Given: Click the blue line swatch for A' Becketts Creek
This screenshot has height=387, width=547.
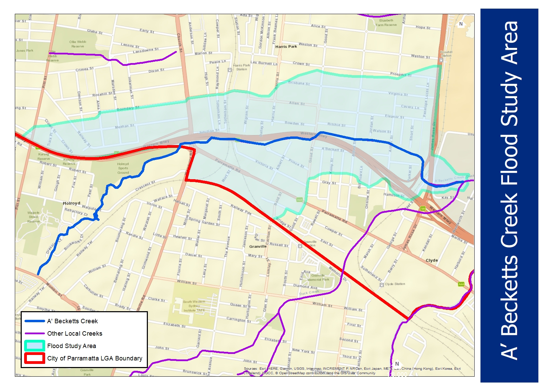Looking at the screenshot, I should [x=34, y=321].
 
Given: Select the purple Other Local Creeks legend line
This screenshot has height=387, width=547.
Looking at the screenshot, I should [x=34, y=334].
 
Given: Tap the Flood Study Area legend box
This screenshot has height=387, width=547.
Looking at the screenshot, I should [x=34, y=346].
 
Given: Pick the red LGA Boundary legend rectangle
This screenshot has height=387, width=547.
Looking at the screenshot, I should [x=34, y=358].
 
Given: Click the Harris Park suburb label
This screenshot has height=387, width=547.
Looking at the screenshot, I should [x=286, y=47].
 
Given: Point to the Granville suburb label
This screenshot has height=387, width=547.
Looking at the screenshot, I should [x=258, y=246].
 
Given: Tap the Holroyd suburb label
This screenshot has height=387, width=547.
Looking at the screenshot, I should [x=71, y=203].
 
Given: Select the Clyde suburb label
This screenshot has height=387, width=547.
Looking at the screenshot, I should [x=432, y=261].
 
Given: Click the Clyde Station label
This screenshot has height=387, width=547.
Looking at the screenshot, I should [x=395, y=284].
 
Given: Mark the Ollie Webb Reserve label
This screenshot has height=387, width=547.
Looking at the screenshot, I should [x=78, y=44].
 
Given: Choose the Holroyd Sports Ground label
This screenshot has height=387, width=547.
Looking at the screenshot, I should [x=123, y=168].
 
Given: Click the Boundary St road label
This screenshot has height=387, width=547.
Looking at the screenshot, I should [x=128, y=109].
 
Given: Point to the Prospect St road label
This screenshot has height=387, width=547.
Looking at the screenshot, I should [x=401, y=74].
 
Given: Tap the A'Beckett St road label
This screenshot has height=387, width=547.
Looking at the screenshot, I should [x=333, y=149].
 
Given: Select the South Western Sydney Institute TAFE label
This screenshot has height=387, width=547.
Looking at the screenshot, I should [x=194, y=306].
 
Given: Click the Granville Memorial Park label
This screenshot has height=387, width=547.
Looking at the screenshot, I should [x=320, y=277].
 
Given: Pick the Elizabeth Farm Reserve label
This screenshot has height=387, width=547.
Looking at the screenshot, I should [x=386, y=23].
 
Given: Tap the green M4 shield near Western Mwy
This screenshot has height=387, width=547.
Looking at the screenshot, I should [x=423, y=208].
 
